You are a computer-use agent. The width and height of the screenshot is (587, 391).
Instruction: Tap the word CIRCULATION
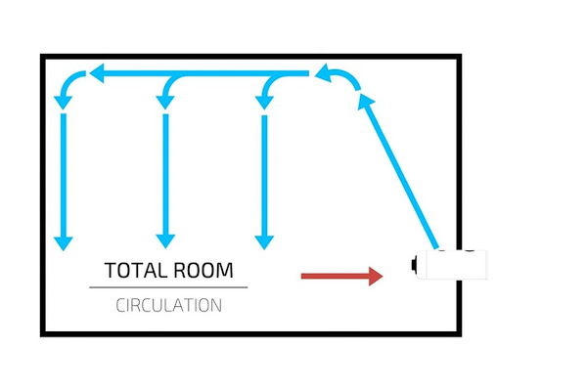[x=168, y=305]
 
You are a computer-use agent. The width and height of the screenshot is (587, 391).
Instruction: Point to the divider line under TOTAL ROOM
[x=168, y=287]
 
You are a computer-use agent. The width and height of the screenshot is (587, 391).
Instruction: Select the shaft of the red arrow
[x=333, y=277]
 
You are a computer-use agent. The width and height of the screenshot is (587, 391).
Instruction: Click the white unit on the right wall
[x=451, y=265]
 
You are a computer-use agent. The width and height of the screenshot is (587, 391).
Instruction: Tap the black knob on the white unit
[x=414, y=264]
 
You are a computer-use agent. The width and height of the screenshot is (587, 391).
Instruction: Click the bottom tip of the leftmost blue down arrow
[x=64, y=245]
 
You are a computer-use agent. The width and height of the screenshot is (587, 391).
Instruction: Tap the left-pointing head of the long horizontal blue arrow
[x=97, y=73]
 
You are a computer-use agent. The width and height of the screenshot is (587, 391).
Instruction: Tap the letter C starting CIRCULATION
[x=120, y=305]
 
